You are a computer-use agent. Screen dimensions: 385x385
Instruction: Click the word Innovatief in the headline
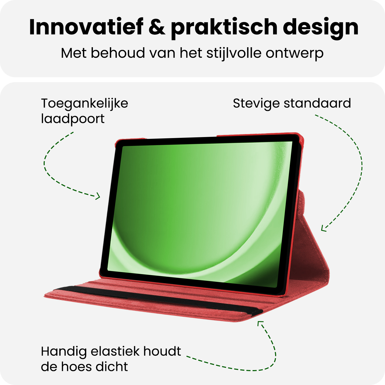(86, 27)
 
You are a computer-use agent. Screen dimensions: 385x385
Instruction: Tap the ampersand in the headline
(157, 27)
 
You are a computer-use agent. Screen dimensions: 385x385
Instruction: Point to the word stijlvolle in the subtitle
(234, 53)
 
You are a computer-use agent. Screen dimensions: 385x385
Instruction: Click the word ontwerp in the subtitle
(294, 53)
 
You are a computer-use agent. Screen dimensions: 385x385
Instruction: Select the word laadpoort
(73, 119)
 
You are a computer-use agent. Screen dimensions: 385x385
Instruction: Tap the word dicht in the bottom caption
(112, 367)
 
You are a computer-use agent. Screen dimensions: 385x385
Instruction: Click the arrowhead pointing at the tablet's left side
(98, 197)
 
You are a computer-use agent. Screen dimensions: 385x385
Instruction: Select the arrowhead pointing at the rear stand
(323, 228)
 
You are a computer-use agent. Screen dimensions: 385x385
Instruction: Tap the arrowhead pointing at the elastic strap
(260, 323)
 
